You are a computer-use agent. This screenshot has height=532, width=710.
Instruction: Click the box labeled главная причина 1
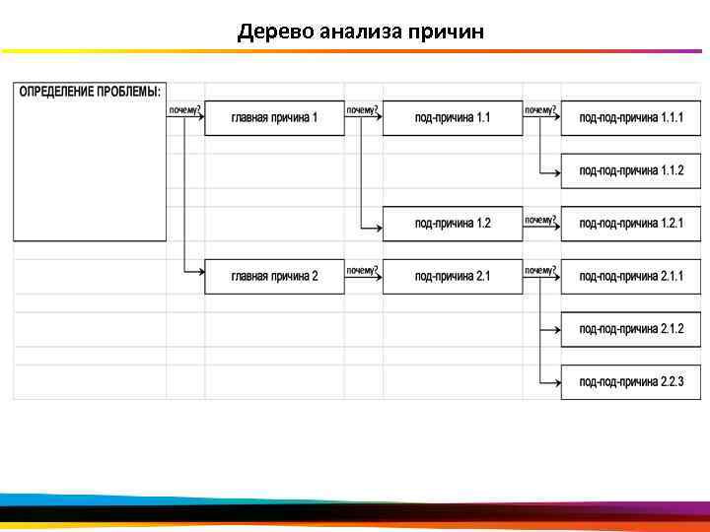click(274, 118)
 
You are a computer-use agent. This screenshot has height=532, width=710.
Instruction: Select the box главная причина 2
click(274, 277)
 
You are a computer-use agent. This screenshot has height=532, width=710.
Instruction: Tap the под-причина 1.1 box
click(453, 118)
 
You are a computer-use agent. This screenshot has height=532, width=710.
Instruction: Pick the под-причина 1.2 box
click(453, 224)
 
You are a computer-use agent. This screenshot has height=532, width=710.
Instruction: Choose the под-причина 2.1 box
click(453, 277)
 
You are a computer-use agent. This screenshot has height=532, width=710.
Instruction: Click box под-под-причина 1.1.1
click(631, 118)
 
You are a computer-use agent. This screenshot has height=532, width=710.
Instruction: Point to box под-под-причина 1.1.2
click(631, 171)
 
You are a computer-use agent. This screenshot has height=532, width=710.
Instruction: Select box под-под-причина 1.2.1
click(631, 224)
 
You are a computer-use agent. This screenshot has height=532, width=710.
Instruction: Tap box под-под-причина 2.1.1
click(631, 277)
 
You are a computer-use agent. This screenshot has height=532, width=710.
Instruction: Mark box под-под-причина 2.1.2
click(631, 329)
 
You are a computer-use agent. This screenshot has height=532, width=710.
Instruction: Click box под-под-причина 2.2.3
click(631, 382)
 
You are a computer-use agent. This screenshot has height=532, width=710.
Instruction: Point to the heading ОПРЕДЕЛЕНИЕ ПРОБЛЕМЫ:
click(90, 92)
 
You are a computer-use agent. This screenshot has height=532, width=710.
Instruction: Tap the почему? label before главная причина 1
click(184, 110)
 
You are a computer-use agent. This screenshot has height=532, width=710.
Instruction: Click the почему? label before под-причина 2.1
click(362, 270)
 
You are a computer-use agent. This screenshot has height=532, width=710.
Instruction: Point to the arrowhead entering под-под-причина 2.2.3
click(557, 382)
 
